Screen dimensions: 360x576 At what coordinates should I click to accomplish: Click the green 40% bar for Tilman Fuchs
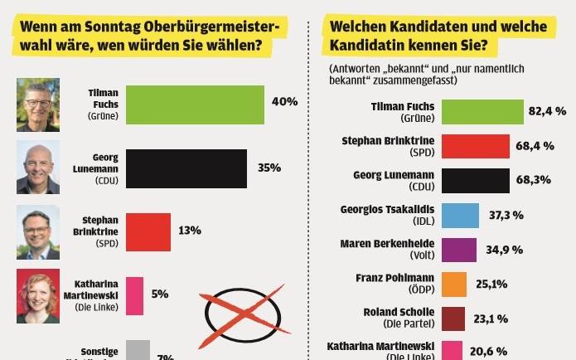pyautogui.click(x=196, y=105)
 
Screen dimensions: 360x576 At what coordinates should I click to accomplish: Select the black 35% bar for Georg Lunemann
pyautogui.click(x=186, y=168)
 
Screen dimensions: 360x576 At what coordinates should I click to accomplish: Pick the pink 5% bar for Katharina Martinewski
pyautogui.click(x=135, y=294)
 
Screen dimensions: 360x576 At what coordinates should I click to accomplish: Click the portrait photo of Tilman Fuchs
pyautogui.click(x=38, y=105)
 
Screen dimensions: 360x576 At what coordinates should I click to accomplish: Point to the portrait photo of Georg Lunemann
pyautogui.click(x=38, y=167)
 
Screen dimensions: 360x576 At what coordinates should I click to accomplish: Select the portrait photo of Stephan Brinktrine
pyautogui.click(x=38, y=231)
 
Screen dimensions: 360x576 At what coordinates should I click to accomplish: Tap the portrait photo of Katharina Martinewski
pyautogui.click(x=38, y=295)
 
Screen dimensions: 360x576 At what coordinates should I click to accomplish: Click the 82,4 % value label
pyautogui.click(x=546, y=110)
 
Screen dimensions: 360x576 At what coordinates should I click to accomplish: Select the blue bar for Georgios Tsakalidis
pyautogui.click(x=460, y=216)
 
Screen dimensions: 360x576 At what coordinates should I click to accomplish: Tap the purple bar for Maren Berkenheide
pyautogui.click(x=458, y=250)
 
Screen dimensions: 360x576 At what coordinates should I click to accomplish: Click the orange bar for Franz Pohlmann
pyautogui.click(x=454, y=285)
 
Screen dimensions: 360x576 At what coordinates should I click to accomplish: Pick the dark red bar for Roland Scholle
pyautogui.click(x=453, y=319)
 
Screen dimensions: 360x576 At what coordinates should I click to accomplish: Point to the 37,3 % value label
pyautogui.click(x=505, y=216)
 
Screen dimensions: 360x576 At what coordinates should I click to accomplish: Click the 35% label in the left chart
pyautogui.click(x=269, y=168)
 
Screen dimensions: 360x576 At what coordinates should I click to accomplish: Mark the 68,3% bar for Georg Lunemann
pyautogui.click(x=476, y=181)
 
